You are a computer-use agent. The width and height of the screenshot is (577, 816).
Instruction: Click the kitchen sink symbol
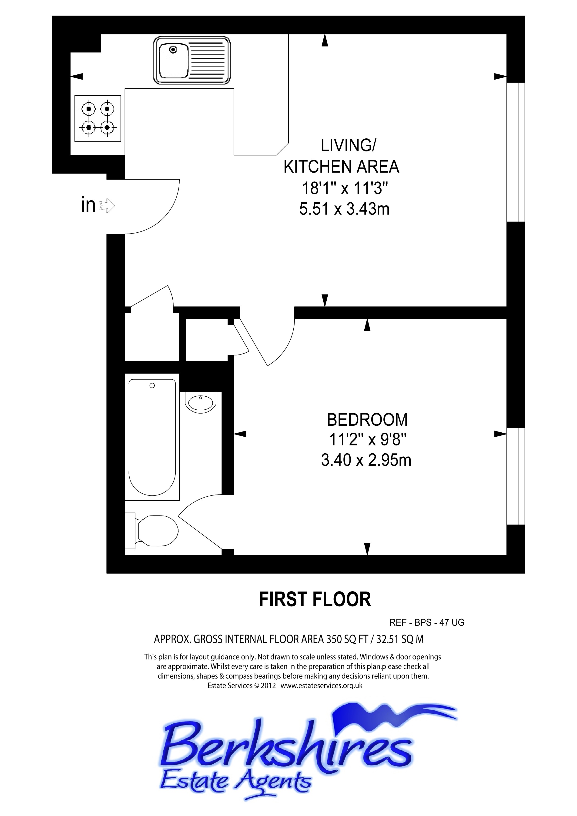click(192, 60)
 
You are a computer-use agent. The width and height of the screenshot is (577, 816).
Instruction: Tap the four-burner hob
click(98, 118)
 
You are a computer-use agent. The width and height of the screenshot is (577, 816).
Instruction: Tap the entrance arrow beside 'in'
click(107, 205)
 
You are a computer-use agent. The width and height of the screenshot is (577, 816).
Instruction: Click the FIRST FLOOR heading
click(315, 599)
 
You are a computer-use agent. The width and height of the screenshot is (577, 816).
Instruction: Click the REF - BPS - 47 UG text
click(427, 622)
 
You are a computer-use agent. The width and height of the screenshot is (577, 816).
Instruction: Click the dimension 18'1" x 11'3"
click(344, 188)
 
